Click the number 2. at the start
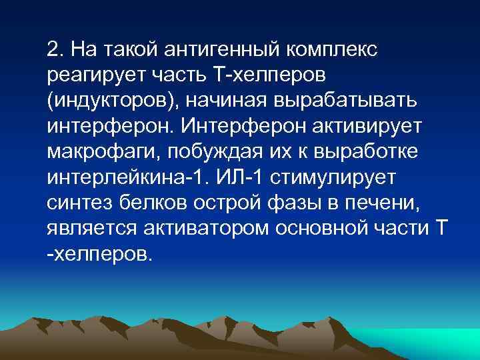[x=55, y=49]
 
